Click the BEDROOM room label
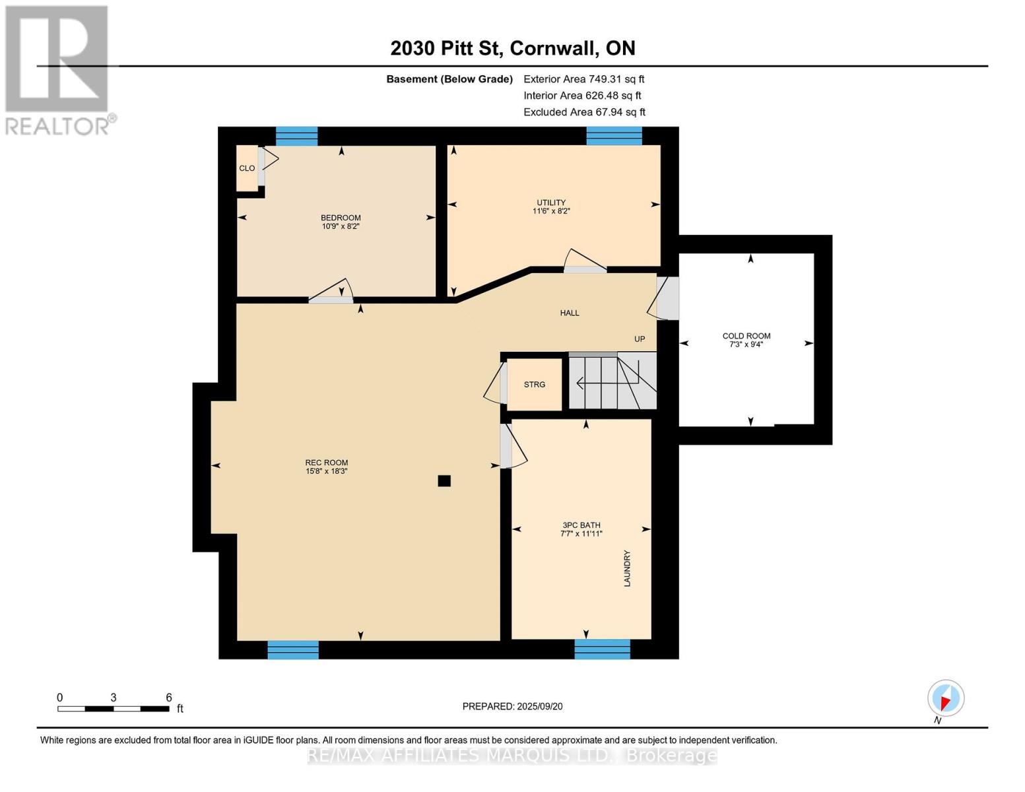pos(341,218)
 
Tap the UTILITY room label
pos(551,203)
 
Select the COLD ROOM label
pos(746,337)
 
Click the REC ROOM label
pos(327,463)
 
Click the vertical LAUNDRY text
pos(627,568)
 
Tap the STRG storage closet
pos(535,385)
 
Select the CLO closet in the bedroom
pos(247,168)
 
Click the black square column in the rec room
pos(444,481)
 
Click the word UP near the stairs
pos(640,339)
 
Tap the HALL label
pos(570,313)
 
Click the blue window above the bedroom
pos(296,136)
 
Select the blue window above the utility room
pos(614,136)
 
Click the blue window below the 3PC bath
pos(602,649)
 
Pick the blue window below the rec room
pos(293,649)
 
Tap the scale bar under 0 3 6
pos(113,709)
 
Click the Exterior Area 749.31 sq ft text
pos(583,79)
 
